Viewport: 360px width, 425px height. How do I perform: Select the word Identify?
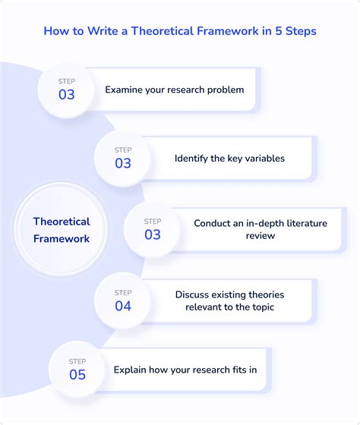[x=192, y=159]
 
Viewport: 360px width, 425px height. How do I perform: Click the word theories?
[x=267, y=294]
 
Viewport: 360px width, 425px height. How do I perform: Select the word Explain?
[x=131, y=370]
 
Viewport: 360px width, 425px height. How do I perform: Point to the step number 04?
[x=122, y=306]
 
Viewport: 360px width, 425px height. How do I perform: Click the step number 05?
[x=77, y=374]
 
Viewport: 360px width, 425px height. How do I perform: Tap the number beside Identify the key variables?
[x=122, y=163]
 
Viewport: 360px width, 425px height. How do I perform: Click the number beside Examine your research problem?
[x=67, y=95]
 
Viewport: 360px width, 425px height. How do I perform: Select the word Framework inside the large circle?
[x=62, y=238]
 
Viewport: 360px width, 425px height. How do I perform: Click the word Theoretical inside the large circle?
[x=62, y=222]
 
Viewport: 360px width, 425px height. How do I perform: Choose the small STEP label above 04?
[x=122, y=292]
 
